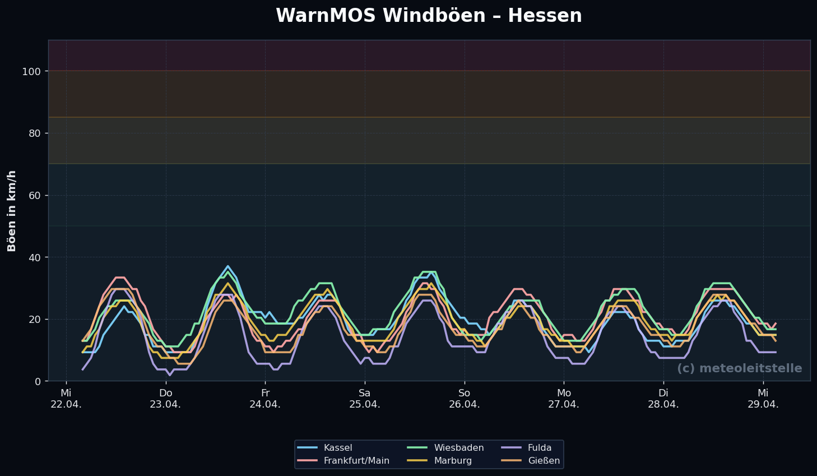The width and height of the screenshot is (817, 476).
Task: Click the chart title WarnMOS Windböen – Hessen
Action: [x=429, y=16]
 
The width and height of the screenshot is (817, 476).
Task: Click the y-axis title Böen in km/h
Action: [x=12, y=211]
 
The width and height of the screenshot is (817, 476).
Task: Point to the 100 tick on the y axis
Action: [x=34, y=71]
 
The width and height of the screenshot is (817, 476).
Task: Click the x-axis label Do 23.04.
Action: [x=165, y=399]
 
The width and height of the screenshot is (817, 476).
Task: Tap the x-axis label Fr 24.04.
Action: [x=265, y=399]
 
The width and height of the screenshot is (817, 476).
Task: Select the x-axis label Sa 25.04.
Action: [x=365, y=399]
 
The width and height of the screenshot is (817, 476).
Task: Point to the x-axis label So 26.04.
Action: [x=464, y=399]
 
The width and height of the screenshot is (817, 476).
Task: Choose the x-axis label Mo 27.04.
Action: [x=564, y=399]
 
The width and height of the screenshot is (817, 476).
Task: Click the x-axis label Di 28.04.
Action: [x=663, y=399]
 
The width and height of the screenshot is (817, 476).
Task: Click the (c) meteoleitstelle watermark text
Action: [x=739, y=368]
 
